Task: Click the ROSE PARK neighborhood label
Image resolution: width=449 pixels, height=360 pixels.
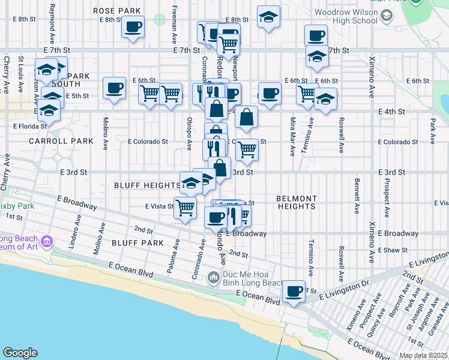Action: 116,11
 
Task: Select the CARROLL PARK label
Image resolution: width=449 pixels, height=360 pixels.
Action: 61,141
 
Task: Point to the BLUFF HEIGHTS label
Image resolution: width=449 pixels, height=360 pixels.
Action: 147,186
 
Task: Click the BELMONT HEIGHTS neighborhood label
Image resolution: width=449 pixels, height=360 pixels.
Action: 297,202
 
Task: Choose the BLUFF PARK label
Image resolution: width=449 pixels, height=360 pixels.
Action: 137,243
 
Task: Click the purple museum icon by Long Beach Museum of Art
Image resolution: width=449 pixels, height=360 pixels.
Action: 47,241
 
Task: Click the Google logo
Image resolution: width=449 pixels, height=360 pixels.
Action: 20,353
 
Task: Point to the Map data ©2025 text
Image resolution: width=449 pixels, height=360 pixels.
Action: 423,355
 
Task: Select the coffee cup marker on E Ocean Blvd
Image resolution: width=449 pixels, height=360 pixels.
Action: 294,292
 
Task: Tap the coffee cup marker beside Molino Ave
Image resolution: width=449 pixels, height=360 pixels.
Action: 114,89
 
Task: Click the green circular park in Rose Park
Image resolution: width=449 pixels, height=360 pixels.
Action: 159,19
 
